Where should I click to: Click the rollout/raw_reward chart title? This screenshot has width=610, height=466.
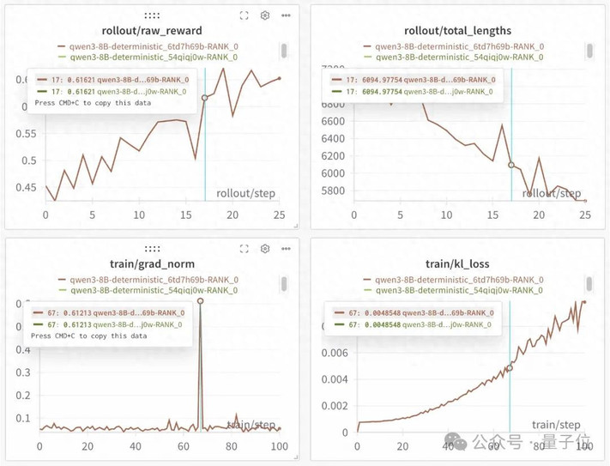[x=152, y=31]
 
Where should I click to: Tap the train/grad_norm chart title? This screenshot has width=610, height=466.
[x=152, y=263]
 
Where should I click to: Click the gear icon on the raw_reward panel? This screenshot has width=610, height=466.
[x=265, y=15]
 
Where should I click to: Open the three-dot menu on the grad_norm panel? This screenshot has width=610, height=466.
[x=286, y=249]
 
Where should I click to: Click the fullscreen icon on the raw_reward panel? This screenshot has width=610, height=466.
[x=245, y=15]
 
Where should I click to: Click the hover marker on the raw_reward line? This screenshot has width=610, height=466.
[x=205, y=98]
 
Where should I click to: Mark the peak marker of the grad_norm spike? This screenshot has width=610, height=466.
[x=200, y=301]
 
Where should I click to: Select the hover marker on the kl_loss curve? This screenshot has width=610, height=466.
[x=510, y=367]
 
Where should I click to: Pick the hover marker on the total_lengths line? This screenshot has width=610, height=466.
[x=511, y=165]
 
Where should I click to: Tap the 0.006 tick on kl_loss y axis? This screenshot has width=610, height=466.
[x=335, y=352]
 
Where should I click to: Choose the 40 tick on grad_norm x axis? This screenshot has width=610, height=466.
[x=135, y=446]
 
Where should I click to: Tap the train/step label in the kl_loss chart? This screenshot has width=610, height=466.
[x=556, y=424]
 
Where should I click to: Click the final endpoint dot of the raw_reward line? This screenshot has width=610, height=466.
[x=279, y=79]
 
